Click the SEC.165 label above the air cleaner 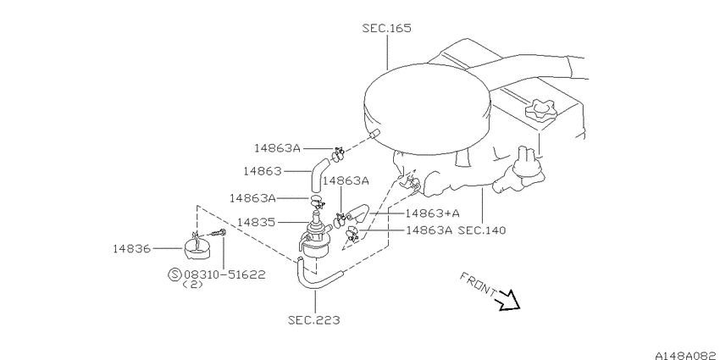[x=386, y=28]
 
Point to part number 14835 [x=258, y=222]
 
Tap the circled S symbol [x=174, y=274]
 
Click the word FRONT [x=477, y=284]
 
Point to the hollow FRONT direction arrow [x=508, y=300]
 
